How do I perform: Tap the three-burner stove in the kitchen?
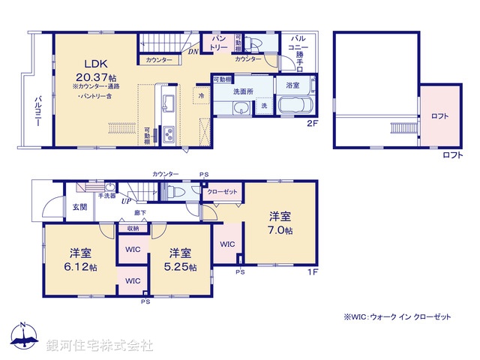point(168,135)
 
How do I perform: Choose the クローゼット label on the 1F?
point(223,192)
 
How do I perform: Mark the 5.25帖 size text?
point(182,267)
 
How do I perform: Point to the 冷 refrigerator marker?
point(201,96)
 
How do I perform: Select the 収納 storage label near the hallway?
point(133,229)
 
